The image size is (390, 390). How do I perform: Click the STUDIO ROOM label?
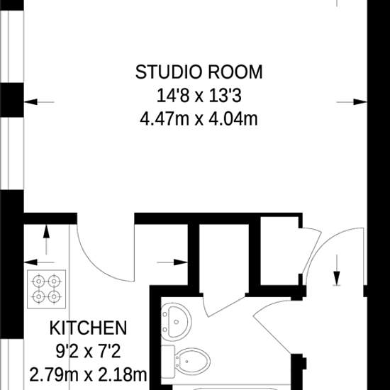coord(199,72)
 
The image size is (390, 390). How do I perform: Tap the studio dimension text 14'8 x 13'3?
coord(199,96)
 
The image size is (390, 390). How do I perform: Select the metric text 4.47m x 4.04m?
coord(199,119)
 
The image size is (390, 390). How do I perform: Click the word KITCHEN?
coord(88,328)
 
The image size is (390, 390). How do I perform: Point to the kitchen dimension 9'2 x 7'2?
coord(88,352)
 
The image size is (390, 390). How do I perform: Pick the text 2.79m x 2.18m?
coord(88,375)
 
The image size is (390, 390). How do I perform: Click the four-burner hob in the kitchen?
coord(47,289)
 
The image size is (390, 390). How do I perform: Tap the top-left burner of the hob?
coord(38,282)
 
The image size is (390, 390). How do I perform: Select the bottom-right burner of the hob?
coord(55,296)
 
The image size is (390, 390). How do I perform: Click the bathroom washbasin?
coord(176,322)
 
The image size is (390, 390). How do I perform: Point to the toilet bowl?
coord(192,362)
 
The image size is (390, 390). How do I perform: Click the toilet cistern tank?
coord(168,361)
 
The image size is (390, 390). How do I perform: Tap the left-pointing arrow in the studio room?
coord(39,102)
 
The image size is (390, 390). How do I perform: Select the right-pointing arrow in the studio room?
coord(352,102)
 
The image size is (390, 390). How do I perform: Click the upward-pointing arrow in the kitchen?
coord(46,240)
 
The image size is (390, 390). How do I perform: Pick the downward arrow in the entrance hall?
coord(337,270)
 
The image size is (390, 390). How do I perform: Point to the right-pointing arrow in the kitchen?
coord(172,262)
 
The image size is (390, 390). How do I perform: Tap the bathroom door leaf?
coord(225,306)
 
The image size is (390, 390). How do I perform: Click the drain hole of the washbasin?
coord(177,322)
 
